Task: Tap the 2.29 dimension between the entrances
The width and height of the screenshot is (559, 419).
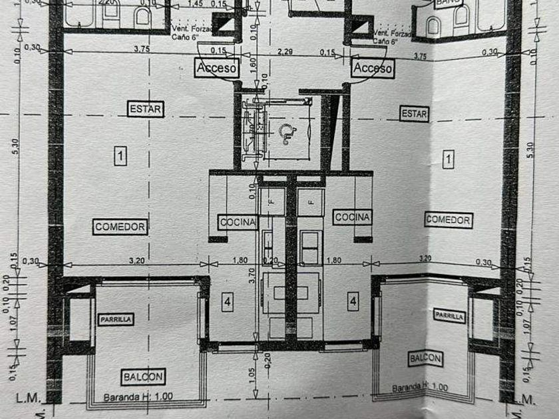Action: coord(286,51)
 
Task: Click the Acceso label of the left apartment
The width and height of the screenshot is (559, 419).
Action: coord(216,68)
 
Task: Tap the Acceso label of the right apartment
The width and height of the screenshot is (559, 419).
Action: coord(373,68)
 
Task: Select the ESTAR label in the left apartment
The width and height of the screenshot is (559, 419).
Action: coord(146,108)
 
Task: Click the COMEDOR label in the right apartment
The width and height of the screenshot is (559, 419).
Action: coord(449,219)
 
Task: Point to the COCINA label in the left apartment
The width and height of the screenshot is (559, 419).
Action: coord(237,222)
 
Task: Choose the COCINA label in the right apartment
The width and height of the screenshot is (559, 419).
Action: coord(352,217)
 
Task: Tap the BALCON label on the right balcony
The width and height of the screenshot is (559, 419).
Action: coord(425,358)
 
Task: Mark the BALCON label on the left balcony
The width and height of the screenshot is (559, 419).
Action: coord(143,377)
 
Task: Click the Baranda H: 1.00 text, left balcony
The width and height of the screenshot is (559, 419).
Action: coord(138,398)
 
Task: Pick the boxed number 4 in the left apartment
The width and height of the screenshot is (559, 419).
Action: coord(228,302)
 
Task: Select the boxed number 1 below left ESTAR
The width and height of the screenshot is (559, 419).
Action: coord(120,156)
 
